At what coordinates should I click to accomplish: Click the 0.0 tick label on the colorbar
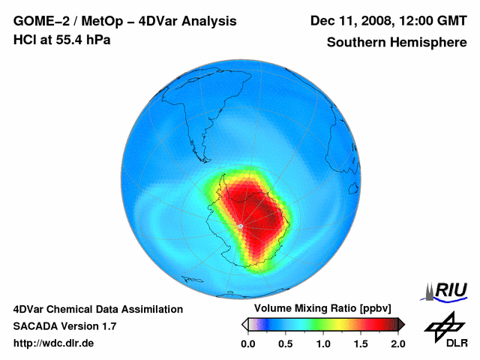coord(248,343)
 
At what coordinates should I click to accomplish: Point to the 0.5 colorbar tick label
coord(286,343)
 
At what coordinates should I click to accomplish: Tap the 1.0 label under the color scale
coord(323,343)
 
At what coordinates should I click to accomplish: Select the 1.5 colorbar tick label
coord(361,343)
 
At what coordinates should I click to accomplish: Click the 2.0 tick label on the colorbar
coord(397,343)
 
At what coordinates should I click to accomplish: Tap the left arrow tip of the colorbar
coord(244,324)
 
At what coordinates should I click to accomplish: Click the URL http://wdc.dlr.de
coord(54,343)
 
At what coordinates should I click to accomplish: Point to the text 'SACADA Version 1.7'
coord(64,326)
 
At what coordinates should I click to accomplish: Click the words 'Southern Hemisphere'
coord(397,43)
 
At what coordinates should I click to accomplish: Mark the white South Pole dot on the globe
coord(240,226)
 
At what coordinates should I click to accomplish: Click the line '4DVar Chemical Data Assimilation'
coord(97,309)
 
